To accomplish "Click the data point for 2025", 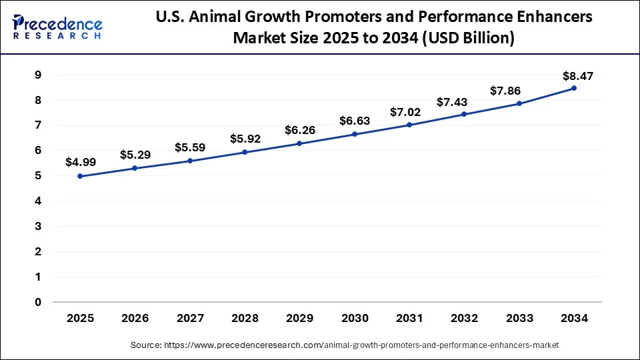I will (x=80, y=176).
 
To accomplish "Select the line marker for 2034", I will (x=573, y=88).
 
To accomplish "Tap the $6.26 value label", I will (x=299, y=130).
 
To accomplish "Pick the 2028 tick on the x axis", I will (x=245, y=319).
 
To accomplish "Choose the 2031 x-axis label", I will (x=409, y=319).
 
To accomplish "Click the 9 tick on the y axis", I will (x=37, y=75).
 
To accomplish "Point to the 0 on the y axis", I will (x=37, y=302).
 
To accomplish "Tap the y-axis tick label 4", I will (x=37, y=201).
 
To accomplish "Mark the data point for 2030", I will (x=354, y=134).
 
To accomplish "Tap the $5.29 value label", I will (x=135, y=155).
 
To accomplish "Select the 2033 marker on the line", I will (x=519, y=103).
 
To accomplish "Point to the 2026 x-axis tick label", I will (x=135, y=319).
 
